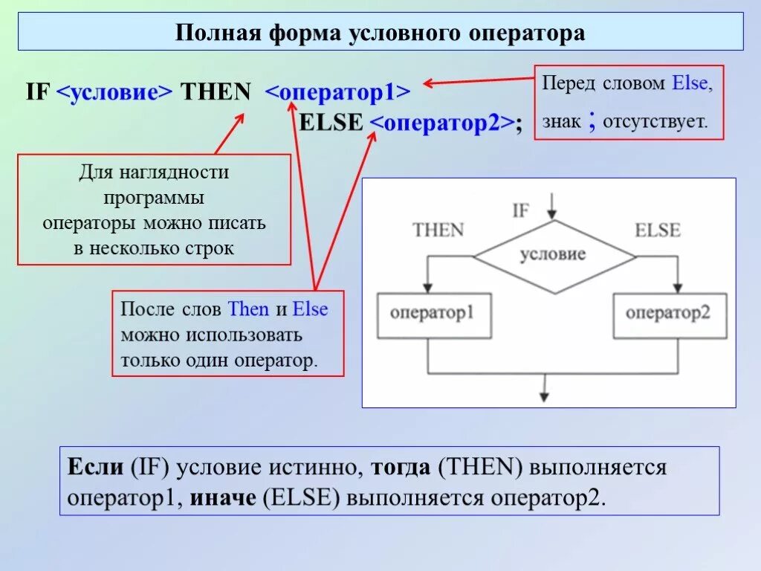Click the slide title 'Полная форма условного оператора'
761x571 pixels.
point(380,33)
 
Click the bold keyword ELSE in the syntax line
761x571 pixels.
point(330,123)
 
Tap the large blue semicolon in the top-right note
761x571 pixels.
point(592,119)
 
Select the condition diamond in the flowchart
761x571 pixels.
point(554,255)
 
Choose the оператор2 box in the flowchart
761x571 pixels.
point(669,313)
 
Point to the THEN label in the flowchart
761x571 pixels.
point(438,230)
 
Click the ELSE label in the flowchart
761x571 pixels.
point(657,230)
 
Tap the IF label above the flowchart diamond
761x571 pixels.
point(521,210)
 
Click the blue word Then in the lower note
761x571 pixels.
point(249,309)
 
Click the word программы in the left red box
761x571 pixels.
point(154,199)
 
